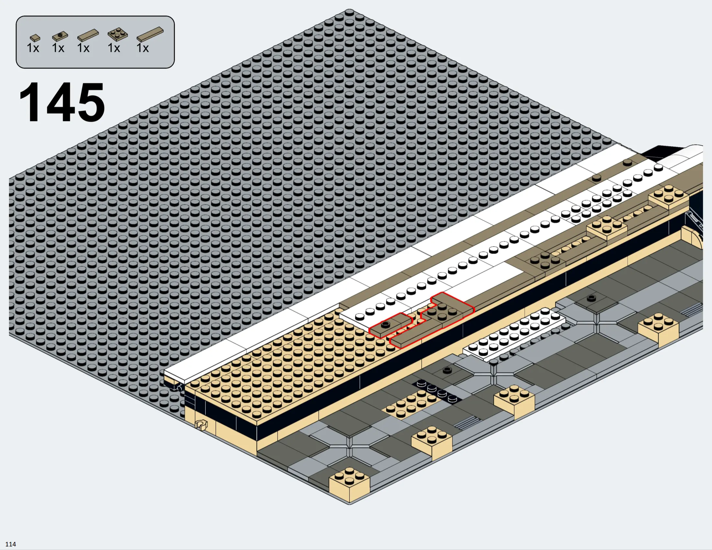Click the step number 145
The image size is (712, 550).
(x=62, y=102)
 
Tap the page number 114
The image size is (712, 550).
(x=11, y=544)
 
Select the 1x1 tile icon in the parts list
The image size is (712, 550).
(x=35, y=38)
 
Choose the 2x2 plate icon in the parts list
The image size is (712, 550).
(x=118, y=34)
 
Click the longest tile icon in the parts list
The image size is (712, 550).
(x=150, y=34)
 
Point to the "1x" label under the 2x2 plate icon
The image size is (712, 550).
(x=114, y=48)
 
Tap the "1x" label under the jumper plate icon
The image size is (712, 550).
(x=58, y=48)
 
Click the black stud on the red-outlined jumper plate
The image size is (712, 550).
(x=385, y=324)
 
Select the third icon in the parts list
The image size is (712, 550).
(x=88, y=35)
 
